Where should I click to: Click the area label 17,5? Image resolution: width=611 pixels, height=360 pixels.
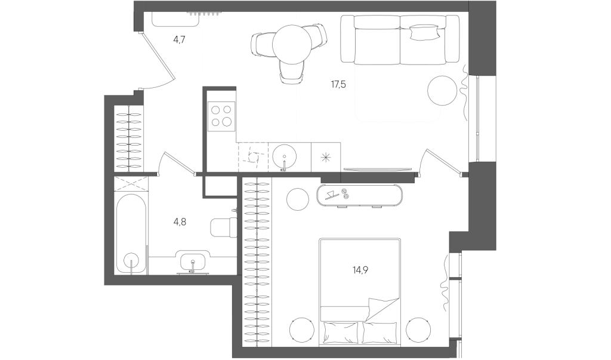coord(338,84)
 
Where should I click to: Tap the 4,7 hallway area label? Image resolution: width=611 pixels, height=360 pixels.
coord(179,39)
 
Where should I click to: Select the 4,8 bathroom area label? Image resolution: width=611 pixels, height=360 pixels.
coord(180,222)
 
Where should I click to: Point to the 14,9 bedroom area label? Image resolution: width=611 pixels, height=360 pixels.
coord(360,269)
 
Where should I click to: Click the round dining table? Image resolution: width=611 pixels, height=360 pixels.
coord(292,44)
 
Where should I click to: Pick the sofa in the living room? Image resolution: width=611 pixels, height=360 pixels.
coord(400,39)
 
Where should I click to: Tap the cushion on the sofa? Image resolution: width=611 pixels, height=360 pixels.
coord(425,32)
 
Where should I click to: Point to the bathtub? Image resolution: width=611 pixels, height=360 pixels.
coord(132,234)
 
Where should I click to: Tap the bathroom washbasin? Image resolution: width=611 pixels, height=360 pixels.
coord(192,261)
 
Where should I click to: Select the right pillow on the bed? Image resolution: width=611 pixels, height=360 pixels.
coord(379,333)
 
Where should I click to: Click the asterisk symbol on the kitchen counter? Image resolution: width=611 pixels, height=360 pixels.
coord(326,157)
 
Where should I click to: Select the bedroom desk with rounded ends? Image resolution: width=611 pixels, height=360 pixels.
coord(360,195)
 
